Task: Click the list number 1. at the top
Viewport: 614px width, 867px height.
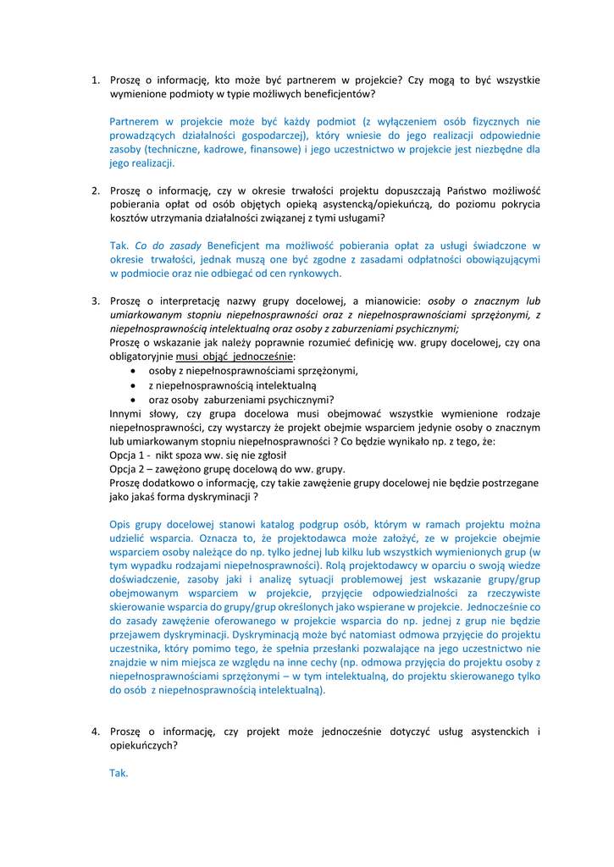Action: pyautogui.click(x=96, y=80)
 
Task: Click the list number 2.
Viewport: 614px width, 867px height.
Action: pyautogui.click(x=96, y=191)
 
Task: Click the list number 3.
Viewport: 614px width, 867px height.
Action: pyautogui.click(x=96, y=301)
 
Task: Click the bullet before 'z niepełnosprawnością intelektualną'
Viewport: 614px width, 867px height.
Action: pyautogui.click(x=136, y=385)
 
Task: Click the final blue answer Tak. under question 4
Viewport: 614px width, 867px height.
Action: pyautogui.click(x=119, y=773)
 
